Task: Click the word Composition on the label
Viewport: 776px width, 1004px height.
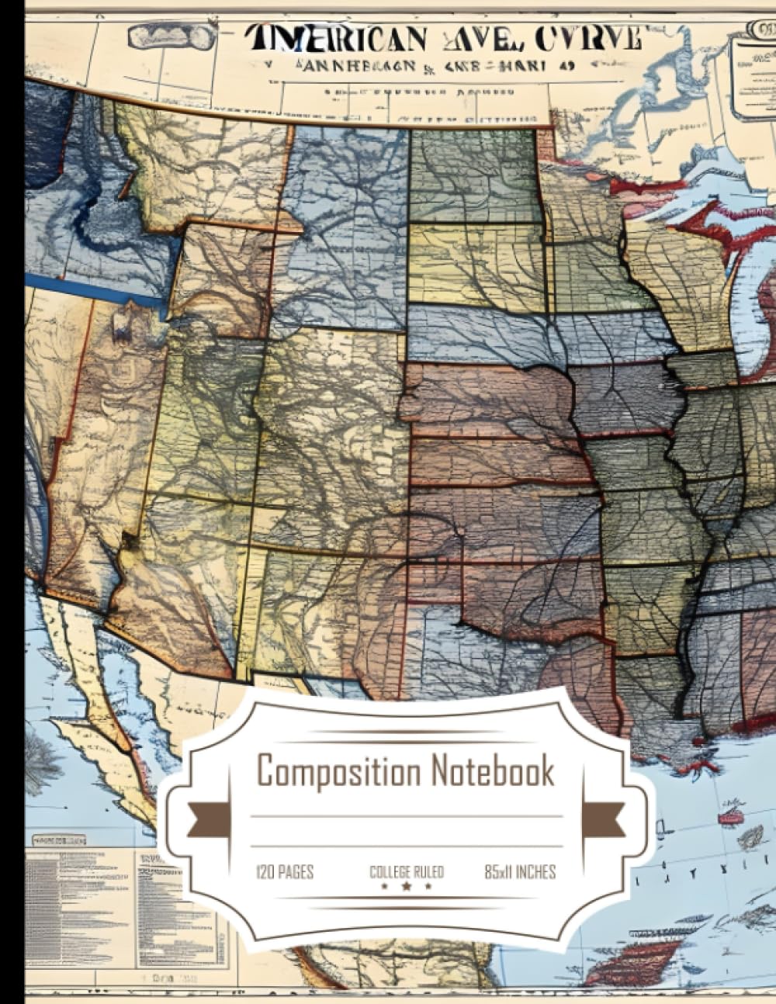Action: pos(338,773)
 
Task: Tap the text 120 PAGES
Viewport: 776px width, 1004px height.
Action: pos(285,872)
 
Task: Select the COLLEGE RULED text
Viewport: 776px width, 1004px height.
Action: pos(407,872)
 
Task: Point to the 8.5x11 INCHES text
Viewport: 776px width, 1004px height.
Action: pos(520,872)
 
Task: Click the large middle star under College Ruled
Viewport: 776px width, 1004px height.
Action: pos(407,886)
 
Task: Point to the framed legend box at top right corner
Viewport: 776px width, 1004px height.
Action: pos(754,74)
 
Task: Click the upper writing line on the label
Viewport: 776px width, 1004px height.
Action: pos(407,816)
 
